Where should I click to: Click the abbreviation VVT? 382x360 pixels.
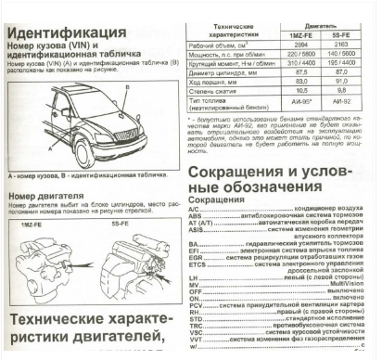tap(195, 344)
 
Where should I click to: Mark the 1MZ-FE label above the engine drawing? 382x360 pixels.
tap(35, 225)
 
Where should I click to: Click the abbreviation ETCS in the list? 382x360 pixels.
tap(197, 270)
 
